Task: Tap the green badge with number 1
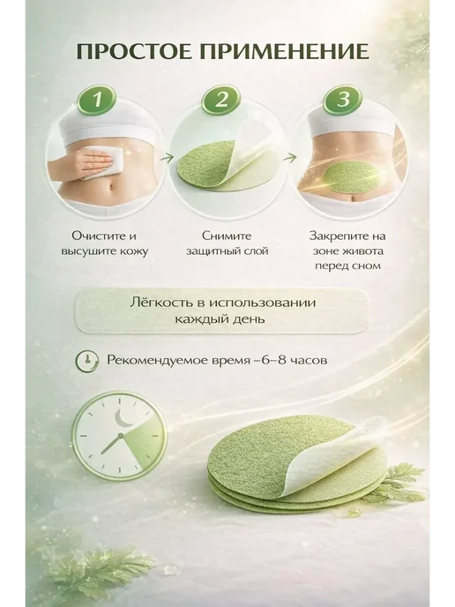click(x=98, y=100)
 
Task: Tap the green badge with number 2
click(x=221, y=100)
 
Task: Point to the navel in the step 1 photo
click(x=111, y=186)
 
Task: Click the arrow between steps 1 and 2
click(x=167, y=157)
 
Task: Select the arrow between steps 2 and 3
click(x=292, y=157)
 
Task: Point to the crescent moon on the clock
click(x=124, y=418)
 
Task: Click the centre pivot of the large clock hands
click(x=120, y=436)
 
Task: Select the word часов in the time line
click(x=309, y=360)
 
